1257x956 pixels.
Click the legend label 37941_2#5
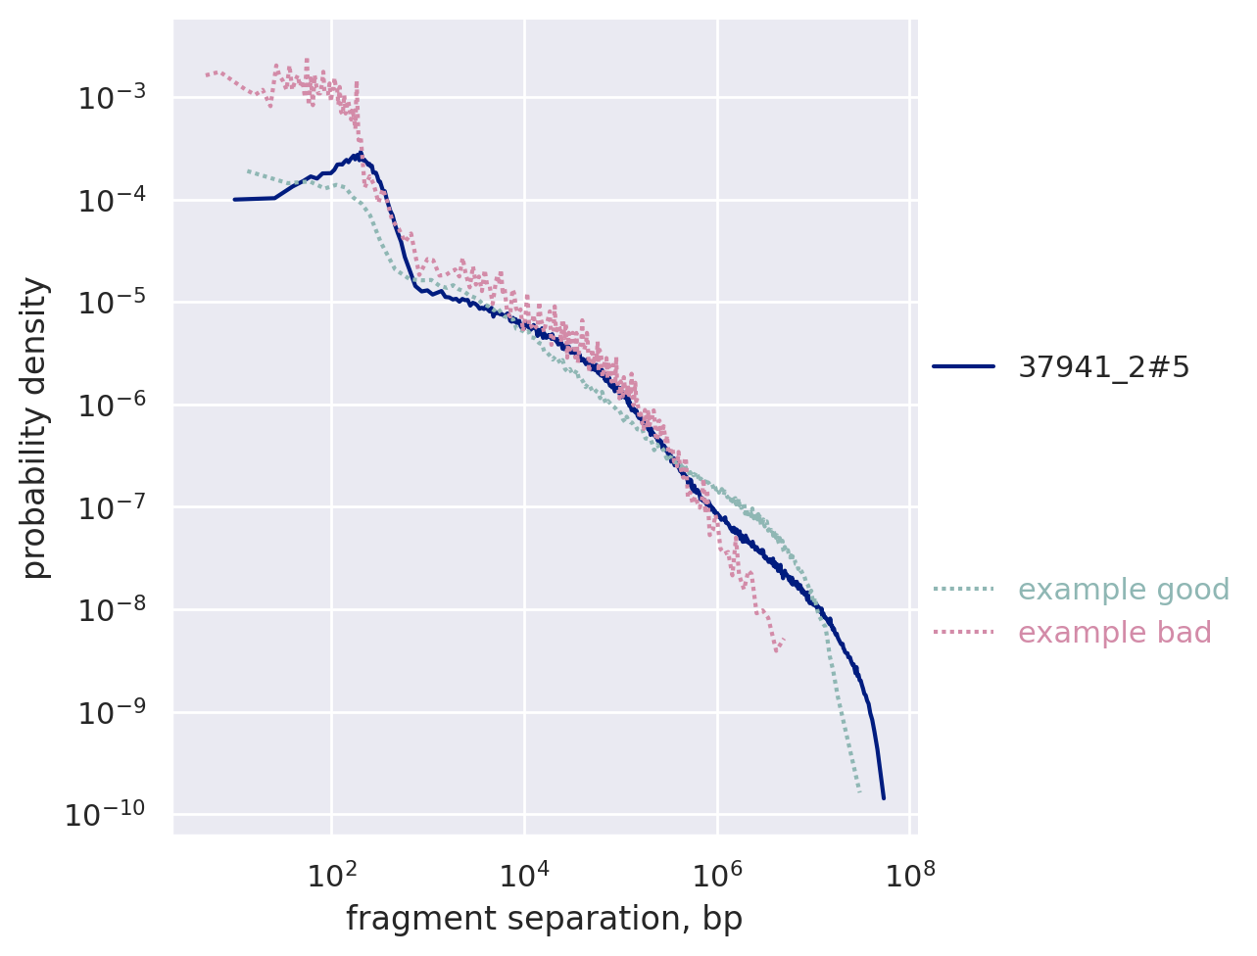1103,367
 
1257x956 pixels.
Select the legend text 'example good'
1124,590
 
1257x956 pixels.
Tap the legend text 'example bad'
1115,633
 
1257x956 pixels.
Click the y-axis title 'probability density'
35,427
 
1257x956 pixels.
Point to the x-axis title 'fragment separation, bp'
544,919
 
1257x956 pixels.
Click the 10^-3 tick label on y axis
111,98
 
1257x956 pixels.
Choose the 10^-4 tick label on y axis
111,201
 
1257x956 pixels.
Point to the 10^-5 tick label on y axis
111,303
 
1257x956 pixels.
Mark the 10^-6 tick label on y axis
111,406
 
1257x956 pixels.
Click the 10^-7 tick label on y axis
111,507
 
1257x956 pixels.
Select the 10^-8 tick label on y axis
111,610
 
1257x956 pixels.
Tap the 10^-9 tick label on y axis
111,712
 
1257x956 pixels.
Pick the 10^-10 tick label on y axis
106,815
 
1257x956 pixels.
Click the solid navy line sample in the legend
963,367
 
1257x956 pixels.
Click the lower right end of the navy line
884,798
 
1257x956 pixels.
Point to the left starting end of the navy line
234,200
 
